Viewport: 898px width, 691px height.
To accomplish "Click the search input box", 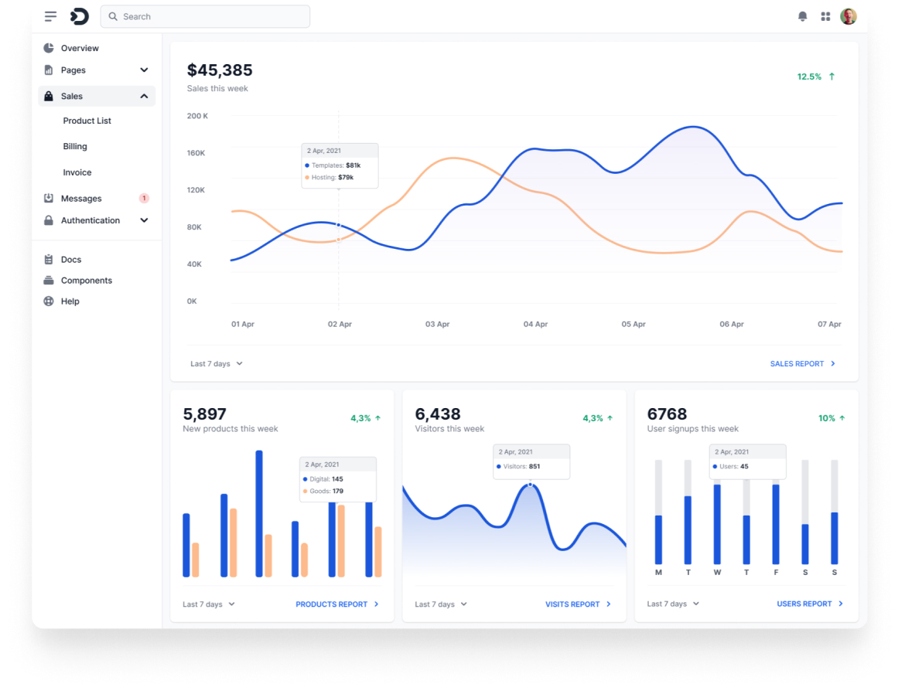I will [x=205, y=16].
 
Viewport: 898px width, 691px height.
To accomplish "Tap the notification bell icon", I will [x=803, y=16].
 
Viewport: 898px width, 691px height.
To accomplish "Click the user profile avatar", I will [x=848, y=16].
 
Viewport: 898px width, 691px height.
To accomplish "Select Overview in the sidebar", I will [x=80, y=48].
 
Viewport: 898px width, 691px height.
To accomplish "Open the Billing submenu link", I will [x=75, y=146].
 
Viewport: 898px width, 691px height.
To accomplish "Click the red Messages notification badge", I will [x=144, y=199].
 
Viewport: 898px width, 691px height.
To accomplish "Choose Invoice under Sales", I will [x=77, y=172].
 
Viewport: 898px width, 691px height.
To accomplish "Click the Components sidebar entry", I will [x=86, y=281].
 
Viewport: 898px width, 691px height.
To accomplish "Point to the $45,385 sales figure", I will [x=220, y=70].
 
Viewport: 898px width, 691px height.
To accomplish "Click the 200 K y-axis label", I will [x=197, y=116].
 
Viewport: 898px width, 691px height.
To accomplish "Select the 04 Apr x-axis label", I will [x=535, y=325].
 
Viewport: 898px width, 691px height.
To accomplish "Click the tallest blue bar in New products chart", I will [x=259, y=513].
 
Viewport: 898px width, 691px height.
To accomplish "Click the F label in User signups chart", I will [x=776, y=573].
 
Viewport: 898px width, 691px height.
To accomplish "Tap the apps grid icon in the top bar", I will [x=825, y=16].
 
